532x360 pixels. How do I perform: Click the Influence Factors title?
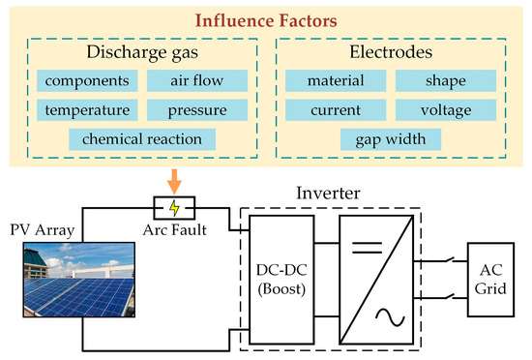click(266, 19)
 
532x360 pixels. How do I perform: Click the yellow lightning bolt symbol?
click(174, 207)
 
